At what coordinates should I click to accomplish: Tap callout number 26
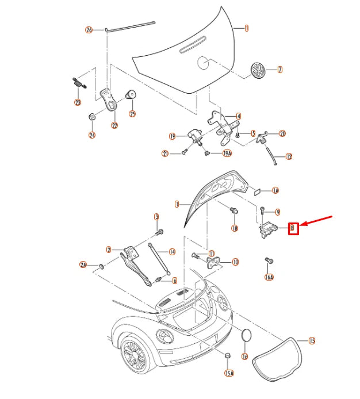click(x=89, y=30)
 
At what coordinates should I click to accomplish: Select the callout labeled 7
click(x=280, y=70)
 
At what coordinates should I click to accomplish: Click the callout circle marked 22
click(x=114, y=126)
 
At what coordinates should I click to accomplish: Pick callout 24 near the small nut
click(x=91, y=136)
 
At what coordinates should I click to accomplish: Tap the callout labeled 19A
click(x=226, y=154)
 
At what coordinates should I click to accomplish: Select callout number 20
click(x=282, y=133)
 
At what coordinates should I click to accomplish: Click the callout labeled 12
click(x=289, y=156)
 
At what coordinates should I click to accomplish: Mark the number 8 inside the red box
click(x=293, y=228)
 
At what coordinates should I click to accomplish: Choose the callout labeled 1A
click(x=275, y=190)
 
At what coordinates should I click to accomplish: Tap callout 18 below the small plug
click(x=234, y=228)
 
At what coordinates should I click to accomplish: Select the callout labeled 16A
click(x=269, y=277)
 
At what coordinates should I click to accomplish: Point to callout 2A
click(x=83, y=264)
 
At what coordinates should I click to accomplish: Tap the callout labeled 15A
click(x=229, y=373)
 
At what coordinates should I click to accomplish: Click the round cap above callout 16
click(x=246, y=336)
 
